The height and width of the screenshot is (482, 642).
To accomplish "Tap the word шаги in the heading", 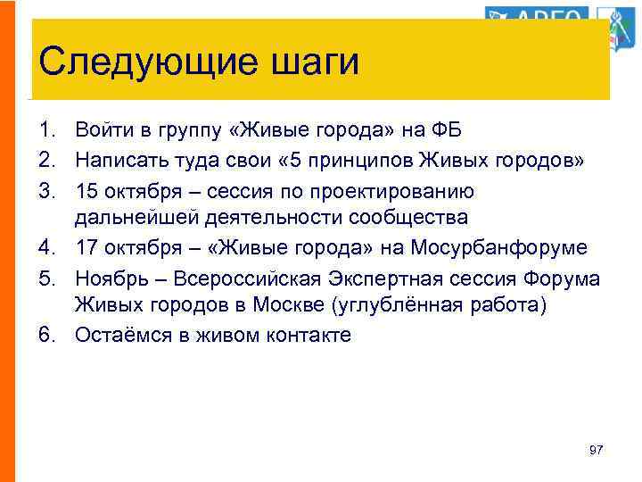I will (312, 63).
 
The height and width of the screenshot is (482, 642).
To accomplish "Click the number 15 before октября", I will (87, 190).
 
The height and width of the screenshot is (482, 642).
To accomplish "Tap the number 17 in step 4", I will (87, 247).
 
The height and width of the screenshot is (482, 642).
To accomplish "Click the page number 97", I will (597, 450).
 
